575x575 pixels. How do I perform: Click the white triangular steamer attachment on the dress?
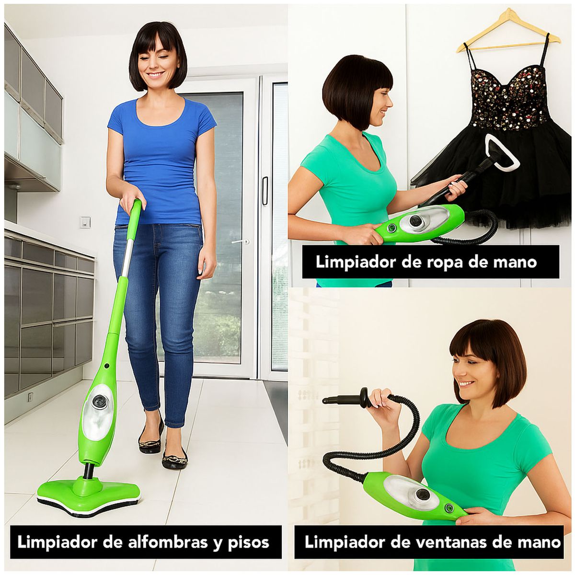click(501, 153)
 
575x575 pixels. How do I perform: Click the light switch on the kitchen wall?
click(85, 222)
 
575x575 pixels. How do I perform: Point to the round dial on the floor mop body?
click(99, 402)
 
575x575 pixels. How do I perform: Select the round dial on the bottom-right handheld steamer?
click(423, 495)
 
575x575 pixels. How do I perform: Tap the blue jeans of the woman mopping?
click(158, 297)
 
